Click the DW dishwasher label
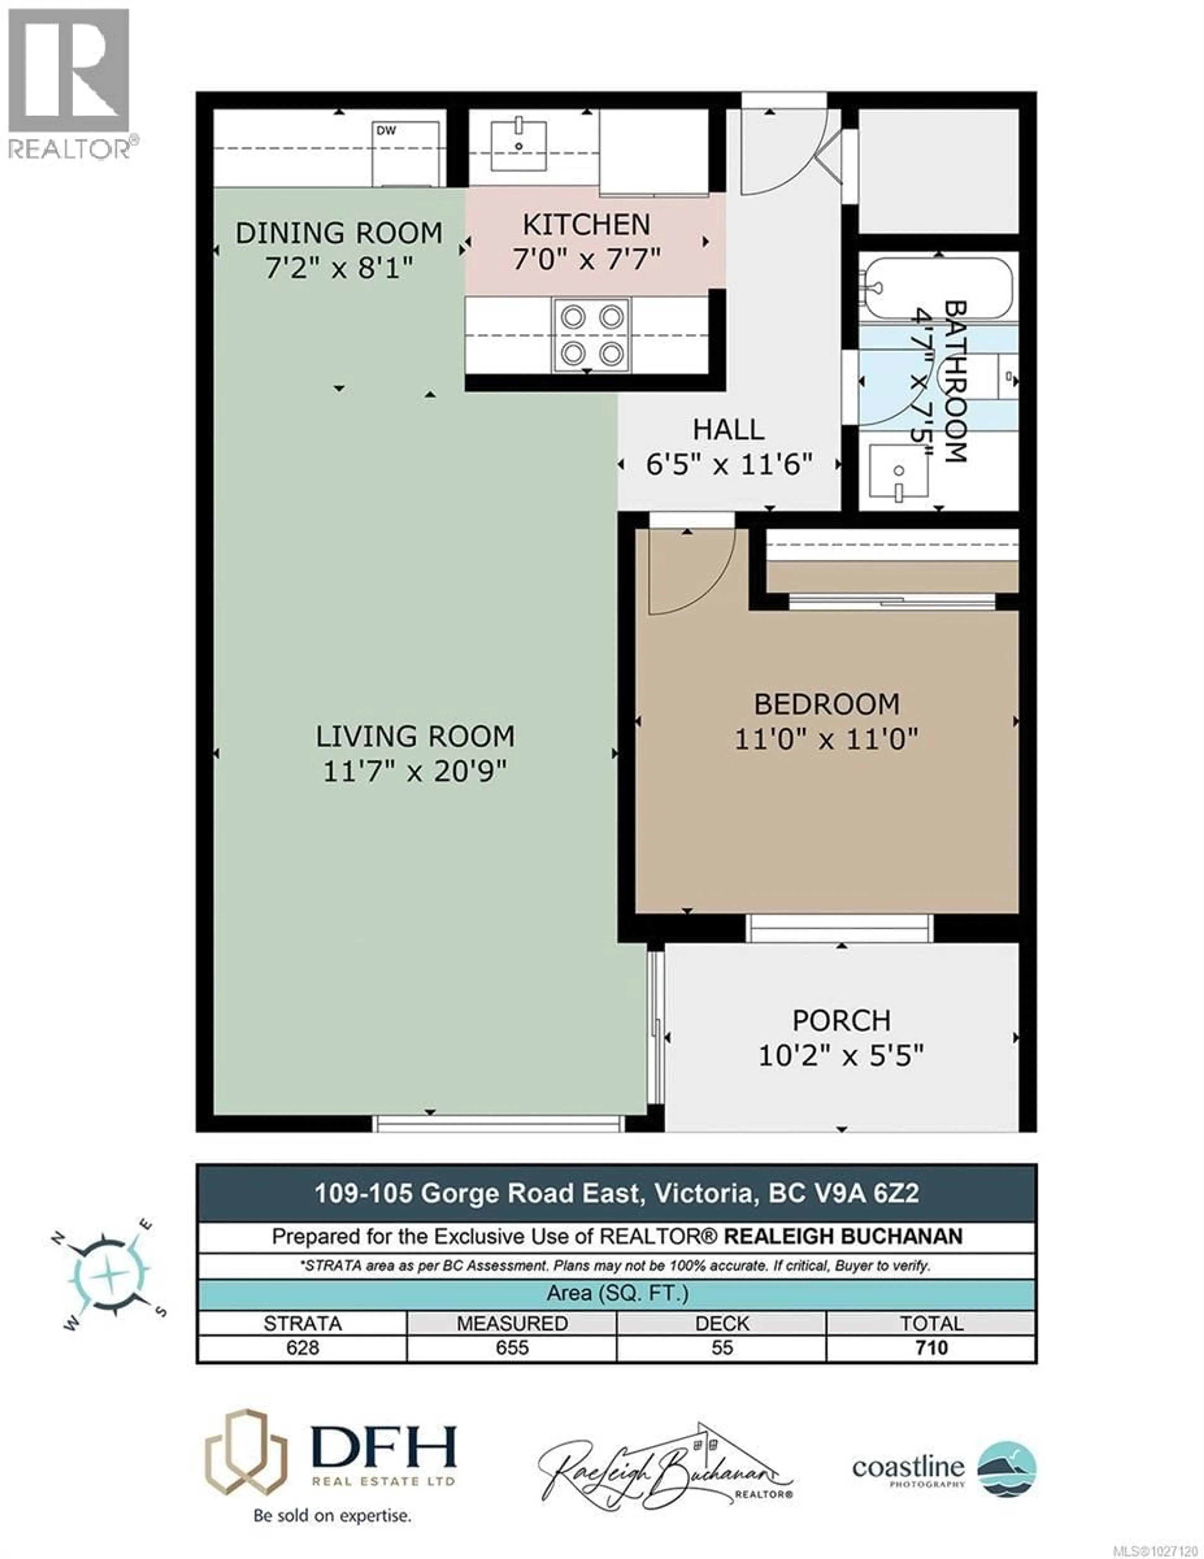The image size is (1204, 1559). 386,131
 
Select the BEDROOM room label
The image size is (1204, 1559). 826,705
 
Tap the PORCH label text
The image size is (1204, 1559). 842,1020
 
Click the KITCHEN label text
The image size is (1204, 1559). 586,225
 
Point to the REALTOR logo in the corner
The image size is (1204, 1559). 69,82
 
